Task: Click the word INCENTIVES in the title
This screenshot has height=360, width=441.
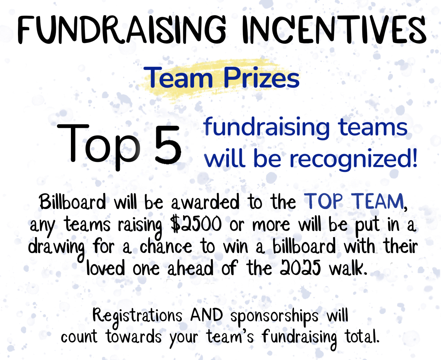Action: click(334, 29)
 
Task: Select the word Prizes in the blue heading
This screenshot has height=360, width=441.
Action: click(261, 78)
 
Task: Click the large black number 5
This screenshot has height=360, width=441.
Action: click(168, 144)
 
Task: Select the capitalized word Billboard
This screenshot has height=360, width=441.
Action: click(72, 201)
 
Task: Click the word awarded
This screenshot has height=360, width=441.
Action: click(205, 201)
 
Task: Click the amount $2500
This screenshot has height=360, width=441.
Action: click(196, 225)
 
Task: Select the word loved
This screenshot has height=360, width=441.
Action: click(105, 267)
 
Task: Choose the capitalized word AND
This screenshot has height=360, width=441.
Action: click(207, 315)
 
